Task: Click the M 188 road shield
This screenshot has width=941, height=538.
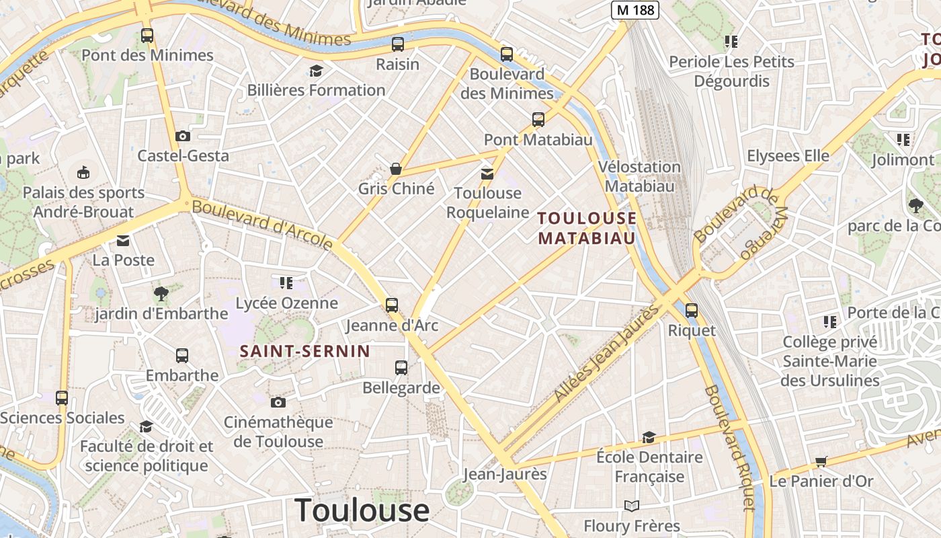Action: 635,10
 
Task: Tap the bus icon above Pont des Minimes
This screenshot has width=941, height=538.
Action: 147,36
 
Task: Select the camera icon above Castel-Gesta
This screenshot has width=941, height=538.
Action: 182,136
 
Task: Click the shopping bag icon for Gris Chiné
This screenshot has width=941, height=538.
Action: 396,168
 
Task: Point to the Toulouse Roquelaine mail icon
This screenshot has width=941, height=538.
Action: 487,174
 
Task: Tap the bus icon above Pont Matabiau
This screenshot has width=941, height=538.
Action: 538,120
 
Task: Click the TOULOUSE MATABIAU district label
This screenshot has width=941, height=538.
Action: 587,228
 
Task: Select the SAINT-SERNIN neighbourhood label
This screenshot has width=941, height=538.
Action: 305,350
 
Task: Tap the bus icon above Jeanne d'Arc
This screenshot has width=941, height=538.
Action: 392,305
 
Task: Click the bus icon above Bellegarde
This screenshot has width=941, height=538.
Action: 401,367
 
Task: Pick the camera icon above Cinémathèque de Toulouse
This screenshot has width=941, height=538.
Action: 278,402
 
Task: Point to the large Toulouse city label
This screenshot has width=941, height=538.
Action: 362,510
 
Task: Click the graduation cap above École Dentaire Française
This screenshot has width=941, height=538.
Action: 649,438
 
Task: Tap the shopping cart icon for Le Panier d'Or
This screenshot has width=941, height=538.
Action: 821,461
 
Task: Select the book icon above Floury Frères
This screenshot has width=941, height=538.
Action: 631,506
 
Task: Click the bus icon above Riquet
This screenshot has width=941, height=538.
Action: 691,311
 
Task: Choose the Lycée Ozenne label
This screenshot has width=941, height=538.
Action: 286,303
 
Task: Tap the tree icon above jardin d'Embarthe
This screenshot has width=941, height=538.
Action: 161,293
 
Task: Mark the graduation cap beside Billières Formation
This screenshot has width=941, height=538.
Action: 315,71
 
